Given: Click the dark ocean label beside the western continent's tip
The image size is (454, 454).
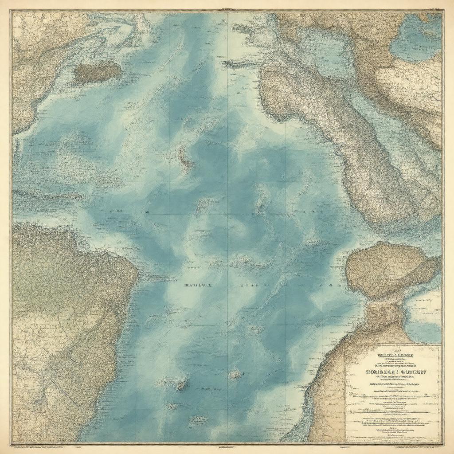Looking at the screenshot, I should pyautogui.click(x=198, y=286).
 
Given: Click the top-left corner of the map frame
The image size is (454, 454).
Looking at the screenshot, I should pyautogui.click(x=12, y=12).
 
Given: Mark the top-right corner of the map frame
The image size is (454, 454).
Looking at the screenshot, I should pyautogui.click(x=442, y=12).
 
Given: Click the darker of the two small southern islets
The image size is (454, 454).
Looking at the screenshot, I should pyautogui.click(x=181, y=385).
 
